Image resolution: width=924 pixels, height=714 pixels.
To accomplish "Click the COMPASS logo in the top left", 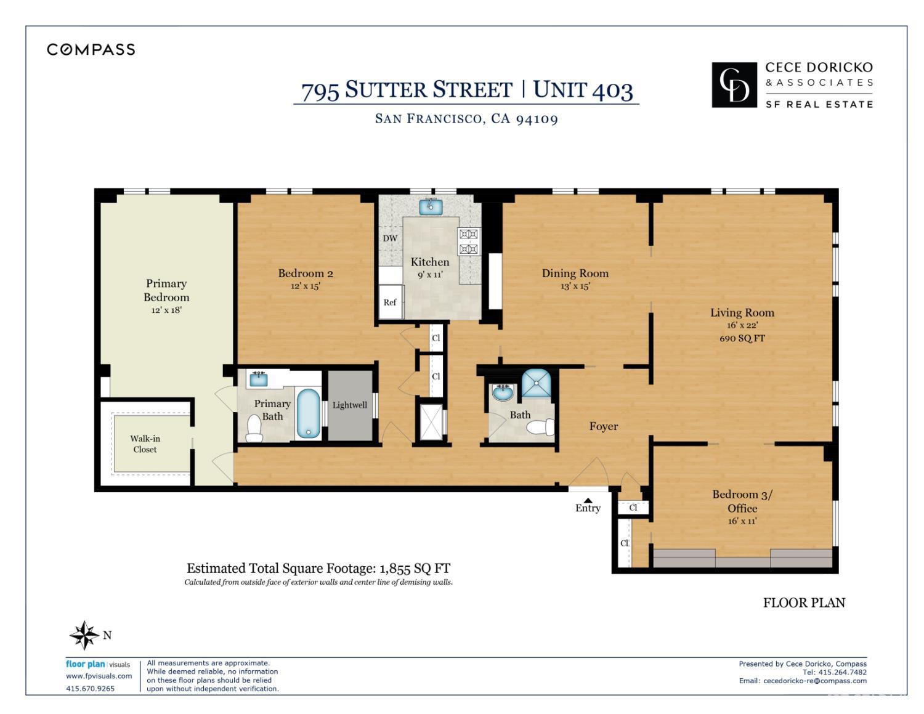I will coord(91,50).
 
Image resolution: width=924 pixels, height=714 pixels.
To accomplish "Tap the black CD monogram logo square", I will coord(734,85).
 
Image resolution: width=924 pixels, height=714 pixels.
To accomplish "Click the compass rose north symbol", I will coord(84,635).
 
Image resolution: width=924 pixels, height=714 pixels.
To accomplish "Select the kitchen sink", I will coord(431,206).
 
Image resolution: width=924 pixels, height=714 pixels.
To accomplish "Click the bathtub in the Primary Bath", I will coord(308,413).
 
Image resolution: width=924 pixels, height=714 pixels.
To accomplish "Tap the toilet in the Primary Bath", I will coord(254,428).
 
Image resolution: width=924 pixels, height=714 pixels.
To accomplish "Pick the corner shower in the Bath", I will coord(538,383).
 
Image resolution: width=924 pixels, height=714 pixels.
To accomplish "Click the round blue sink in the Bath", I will coord(503,392).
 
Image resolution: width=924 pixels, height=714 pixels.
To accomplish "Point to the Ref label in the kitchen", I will coord(390,302).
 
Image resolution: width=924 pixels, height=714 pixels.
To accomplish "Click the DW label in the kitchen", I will coord(390,238).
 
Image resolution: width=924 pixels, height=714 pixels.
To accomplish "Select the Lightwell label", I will coord(349,405).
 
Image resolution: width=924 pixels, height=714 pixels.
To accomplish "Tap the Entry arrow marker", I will coord(588,500).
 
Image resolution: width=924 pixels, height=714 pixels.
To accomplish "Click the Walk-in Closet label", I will coord(145,444).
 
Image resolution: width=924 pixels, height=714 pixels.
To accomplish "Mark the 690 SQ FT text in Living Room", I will coord(742,338).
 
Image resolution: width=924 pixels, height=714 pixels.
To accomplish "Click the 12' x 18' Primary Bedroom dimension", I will coord(166,310).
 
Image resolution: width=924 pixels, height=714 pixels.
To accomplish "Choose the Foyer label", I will coord(603,426).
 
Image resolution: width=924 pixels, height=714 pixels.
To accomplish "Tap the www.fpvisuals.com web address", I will coord(99,676).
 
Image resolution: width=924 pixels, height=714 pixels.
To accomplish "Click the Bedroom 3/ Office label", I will coord(742,501).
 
